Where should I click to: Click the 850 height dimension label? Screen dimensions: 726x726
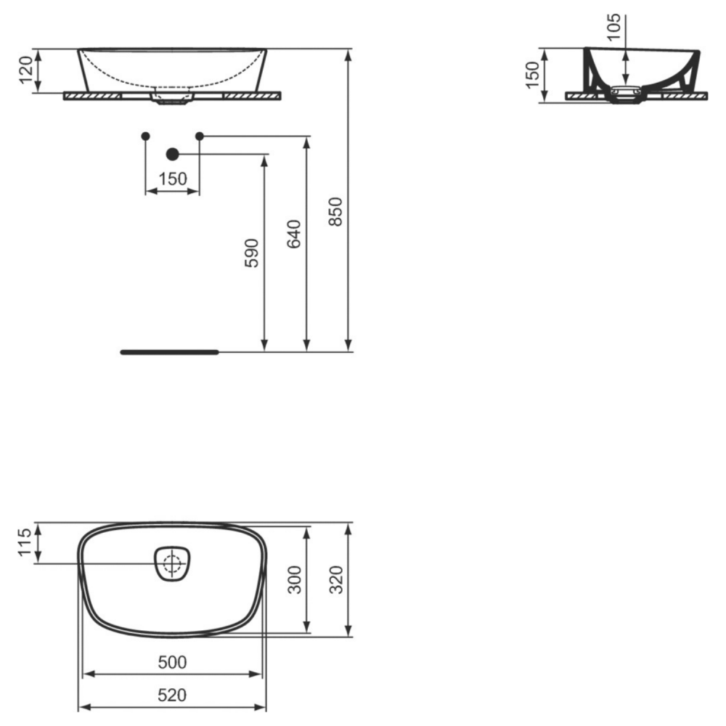pos(335,211)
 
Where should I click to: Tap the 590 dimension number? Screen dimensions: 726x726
pos(251,253)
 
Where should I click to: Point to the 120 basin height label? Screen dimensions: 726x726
pos(26,70)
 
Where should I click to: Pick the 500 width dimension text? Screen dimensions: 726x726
pos(172,663)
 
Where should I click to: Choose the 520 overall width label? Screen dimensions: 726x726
pos(172,695)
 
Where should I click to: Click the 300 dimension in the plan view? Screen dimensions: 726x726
pos(294,579)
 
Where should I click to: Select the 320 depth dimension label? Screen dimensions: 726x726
pos(335,579)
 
